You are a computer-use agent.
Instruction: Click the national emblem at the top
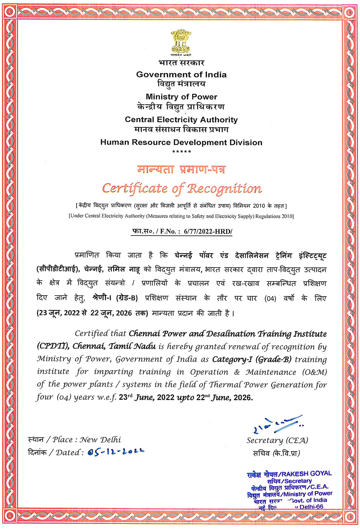(181, 42)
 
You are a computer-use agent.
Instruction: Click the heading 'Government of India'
(181, 74)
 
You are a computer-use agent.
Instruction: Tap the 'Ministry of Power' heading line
(181, 97)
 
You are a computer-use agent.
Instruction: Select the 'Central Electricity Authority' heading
(181, 120)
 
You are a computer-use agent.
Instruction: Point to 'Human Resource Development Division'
(181, 142)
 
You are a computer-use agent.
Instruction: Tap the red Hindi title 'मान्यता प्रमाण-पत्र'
(182, 169)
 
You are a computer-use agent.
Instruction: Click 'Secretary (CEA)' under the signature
(277, 440)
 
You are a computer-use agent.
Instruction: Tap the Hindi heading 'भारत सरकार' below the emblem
(181, 63)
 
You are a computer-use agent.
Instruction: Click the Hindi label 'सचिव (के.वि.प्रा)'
(277, 453)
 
